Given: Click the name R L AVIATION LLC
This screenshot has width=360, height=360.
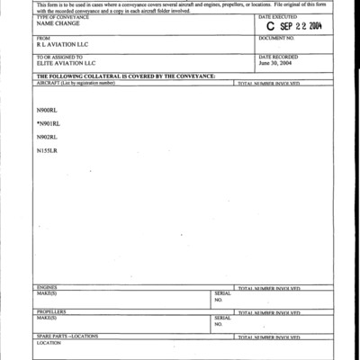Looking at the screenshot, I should pyautogui.click(x=63, y=46).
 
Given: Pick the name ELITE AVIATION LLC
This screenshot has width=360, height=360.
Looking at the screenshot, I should pyautogui.click(x=66, y=63).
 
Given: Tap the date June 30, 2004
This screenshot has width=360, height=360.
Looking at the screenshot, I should pyautogui.click(x=275, y=63).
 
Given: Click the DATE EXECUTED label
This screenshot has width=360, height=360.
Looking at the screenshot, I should pyautogui.click(x=277, y=17).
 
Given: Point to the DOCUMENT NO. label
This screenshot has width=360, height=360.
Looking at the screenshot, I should pyautogui.click(x=277, y=39).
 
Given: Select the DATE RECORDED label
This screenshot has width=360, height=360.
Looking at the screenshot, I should pyautogui.click(x=277, y=57).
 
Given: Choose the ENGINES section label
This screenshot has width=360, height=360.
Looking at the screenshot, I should pyautogui.click(x=46, y=288).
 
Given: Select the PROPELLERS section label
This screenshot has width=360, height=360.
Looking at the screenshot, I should pyautogui.click(x=50, y=311).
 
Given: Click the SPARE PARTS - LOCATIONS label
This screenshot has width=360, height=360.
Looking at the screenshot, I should pyautogui.click(x=67, y=335).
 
